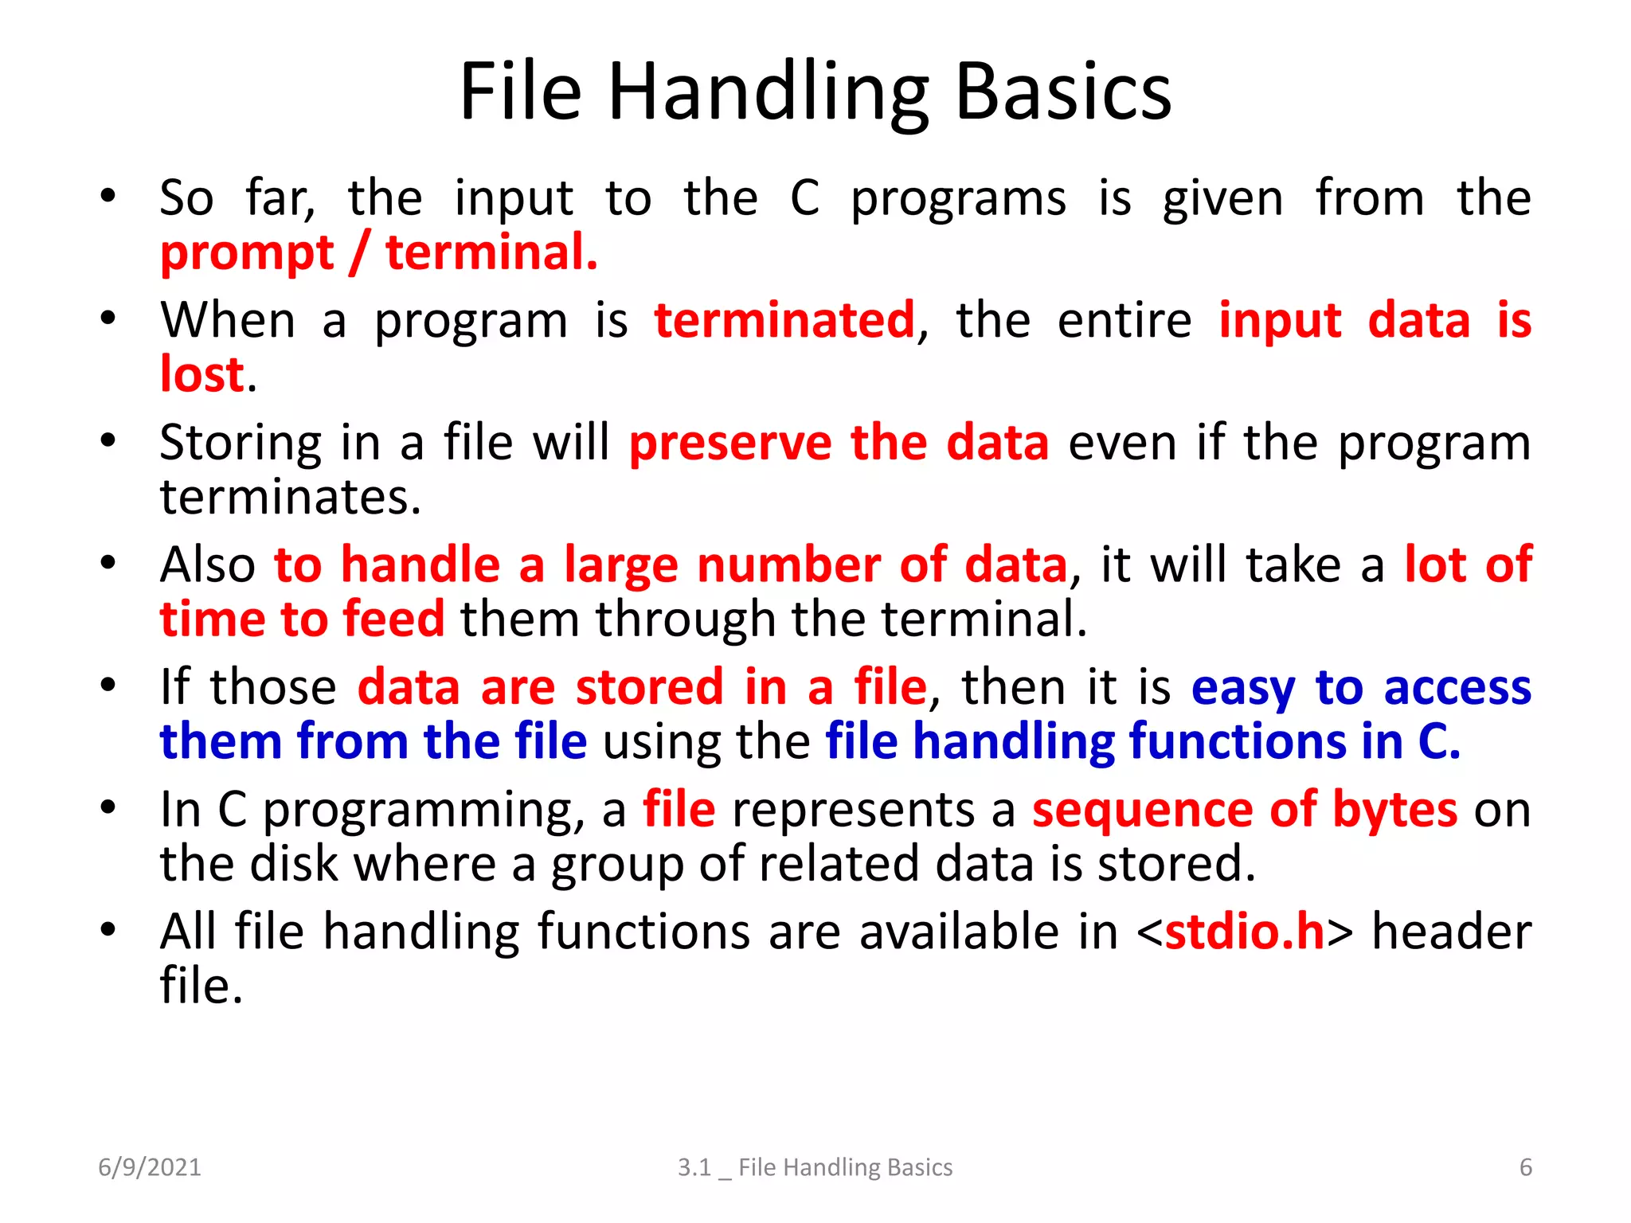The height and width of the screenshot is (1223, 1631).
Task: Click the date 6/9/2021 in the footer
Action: pos(150,1167)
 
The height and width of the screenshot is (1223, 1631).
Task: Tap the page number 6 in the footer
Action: pos(1525,1167)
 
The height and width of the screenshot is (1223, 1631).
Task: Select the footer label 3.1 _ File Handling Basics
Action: pos(815,1167)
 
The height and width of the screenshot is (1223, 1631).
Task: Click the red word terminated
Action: pos(784,320)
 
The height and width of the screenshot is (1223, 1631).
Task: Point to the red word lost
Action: pos(201,374)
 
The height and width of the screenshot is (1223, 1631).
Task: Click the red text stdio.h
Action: pos(1244,932)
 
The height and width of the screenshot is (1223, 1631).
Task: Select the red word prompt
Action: pos(247,253)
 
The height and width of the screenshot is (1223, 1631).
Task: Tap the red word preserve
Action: pos(730,443)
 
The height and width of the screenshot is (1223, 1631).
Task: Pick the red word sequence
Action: pos(1142,810)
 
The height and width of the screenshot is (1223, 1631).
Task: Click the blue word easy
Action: pos(1242,688)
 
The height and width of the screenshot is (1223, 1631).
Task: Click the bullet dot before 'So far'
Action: pos(108,196)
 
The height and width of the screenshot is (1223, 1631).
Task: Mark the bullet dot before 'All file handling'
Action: pos(108,930)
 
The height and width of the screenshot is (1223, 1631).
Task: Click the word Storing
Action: pos(241,443)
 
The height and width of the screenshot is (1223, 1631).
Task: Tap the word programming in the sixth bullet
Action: pos(418,811)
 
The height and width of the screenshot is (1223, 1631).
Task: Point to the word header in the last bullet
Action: pos(1451,932)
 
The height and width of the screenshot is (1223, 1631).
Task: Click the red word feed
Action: pos(393,619)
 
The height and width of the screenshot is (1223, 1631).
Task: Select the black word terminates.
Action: pos(290,497)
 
